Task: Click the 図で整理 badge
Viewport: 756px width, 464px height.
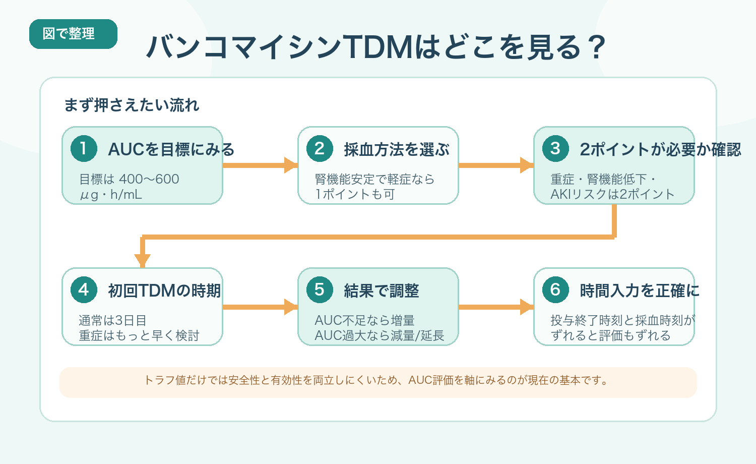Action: [x=73, y=34]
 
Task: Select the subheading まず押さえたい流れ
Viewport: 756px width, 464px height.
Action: [x=132, y=105]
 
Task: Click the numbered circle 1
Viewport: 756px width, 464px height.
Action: [x=84, y=149]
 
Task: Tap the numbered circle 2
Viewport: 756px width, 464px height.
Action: [x=320, y=149]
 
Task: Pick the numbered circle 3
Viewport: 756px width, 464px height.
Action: [x=555, y=149]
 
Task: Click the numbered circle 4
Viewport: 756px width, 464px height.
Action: [x=84, y=290]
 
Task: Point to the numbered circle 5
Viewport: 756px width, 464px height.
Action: [x=320, y=290]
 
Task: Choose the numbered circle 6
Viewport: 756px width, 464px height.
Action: [x=555, y=290]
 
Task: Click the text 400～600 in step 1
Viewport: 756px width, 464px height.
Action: [x=149, y=179]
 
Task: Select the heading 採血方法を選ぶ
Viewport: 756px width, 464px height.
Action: [x=397, y=150]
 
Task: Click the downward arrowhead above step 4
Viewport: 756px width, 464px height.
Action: [x=143, y=260]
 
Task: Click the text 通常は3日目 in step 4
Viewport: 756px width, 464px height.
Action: [x=112, y=320]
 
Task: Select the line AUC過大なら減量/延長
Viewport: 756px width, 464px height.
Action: [x=379, y=335]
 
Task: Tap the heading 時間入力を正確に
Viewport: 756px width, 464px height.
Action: [x=639, y=291]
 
